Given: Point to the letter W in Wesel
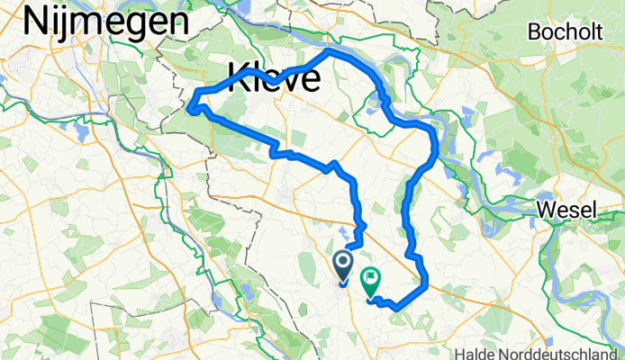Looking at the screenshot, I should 548,211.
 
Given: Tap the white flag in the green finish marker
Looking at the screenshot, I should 371,277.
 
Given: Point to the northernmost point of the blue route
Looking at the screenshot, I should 330,49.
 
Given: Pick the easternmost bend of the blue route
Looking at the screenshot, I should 437,144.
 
